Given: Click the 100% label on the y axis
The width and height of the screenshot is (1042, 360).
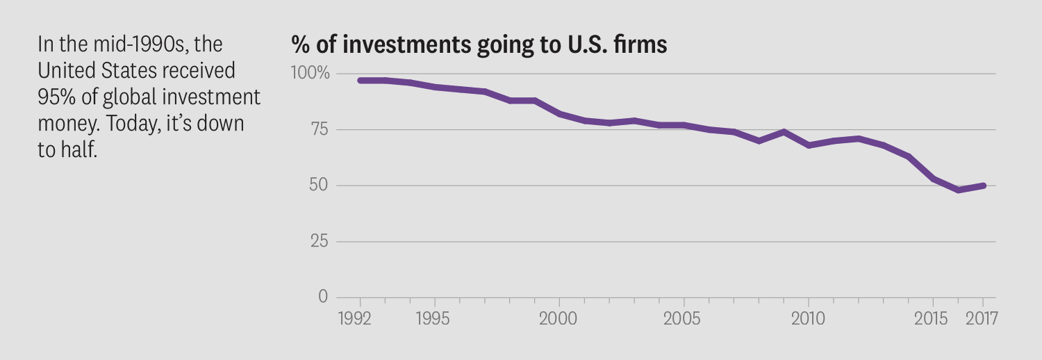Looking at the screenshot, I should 311,74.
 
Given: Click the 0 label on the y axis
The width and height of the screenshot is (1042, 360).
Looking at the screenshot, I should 322,297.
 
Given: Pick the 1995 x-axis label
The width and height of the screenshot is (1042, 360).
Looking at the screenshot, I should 434,319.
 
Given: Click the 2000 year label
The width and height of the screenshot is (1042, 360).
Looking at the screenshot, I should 559,319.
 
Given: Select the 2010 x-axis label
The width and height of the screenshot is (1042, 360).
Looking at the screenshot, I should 809,319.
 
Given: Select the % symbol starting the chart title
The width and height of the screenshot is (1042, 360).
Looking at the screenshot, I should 300,45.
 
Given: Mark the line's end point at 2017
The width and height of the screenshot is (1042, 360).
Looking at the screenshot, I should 983,186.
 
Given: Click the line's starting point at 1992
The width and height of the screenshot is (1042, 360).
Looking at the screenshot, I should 360,81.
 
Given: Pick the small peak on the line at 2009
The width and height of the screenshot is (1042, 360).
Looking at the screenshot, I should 784,131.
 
